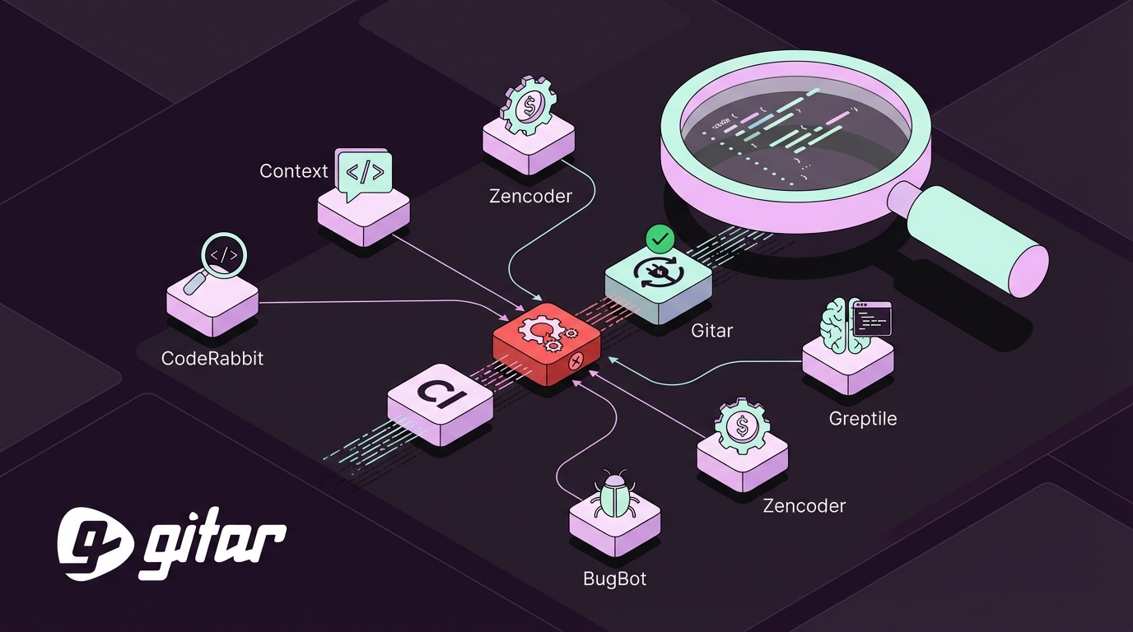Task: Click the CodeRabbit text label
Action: (x=212, y=359)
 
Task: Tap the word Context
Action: (x=293, y=171)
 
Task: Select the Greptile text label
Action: (x=862, y=419)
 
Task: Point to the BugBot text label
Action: (x=614, y=579)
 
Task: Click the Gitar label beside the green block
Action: (x=712, y=332)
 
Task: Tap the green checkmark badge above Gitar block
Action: (x=660, y=239)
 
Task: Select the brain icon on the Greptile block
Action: (x=838, y=326)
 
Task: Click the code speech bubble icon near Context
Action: (x=363, y=174)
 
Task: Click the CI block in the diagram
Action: (x=440, y=402)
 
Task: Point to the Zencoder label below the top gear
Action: (x=530, y=196)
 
